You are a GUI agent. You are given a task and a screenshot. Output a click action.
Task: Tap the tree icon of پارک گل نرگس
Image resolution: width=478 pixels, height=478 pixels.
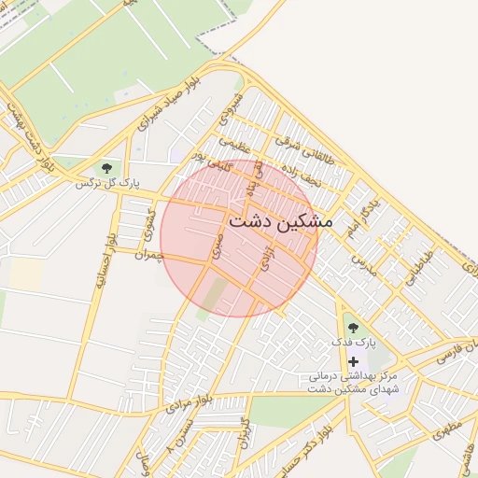pos(106,169)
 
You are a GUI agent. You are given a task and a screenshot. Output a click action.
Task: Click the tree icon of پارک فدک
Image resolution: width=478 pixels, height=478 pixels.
pos(353,328)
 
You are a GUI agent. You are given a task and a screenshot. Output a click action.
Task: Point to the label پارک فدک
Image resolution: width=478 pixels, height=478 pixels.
pos(353,343)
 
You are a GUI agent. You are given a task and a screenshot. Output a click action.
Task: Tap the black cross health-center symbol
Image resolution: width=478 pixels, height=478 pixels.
pos(353,360)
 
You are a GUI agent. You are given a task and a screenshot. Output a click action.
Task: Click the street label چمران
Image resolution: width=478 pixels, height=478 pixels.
pos(148,254)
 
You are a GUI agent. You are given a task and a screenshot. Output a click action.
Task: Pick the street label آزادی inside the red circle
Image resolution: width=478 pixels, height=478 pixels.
pos(268,255)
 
